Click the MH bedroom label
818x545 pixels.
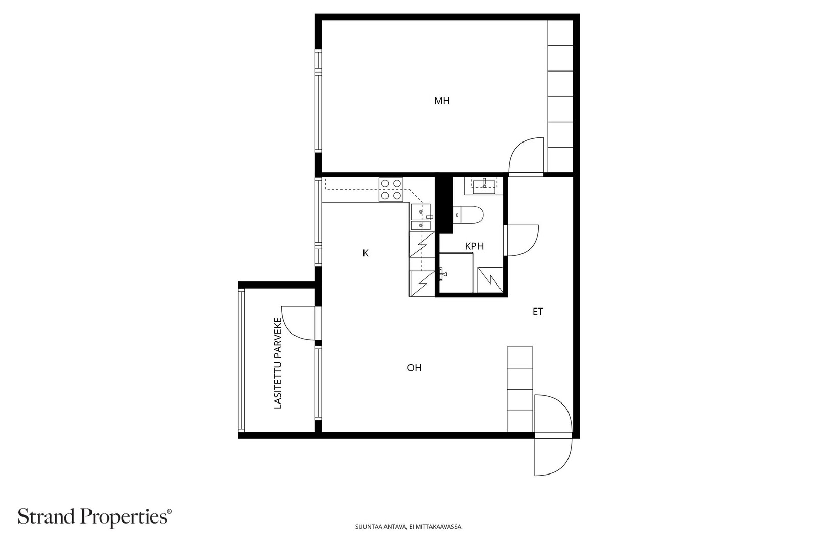tap(442, 100)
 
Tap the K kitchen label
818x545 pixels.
tap(366, 253)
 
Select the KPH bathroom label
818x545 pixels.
tap(474, 246)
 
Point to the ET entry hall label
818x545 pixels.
tap(538, 312)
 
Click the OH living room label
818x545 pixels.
tap(414, 368)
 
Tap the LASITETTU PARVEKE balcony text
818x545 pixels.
tap(278, 363)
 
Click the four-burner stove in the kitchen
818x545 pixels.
tap(391, 189)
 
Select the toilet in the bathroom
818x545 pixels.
tap(468, 215)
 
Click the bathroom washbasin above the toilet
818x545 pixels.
tap(484, 186)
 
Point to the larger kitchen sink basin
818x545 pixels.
tap(421, 211)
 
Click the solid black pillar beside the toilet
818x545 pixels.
tap(443, 204)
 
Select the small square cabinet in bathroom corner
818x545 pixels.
tap(490, 280)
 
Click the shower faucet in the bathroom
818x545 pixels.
tap(443, 274)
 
